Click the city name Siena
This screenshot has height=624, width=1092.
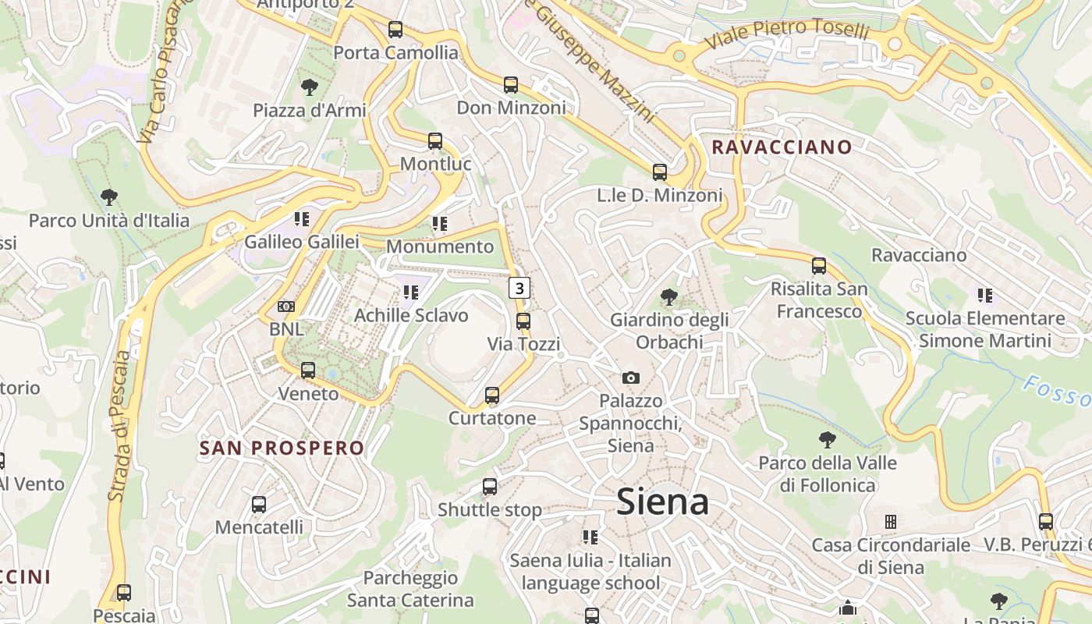click(x=662, y=502)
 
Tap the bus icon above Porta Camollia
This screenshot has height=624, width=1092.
click(x=395, y=30)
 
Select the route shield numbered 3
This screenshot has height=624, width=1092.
click(x=519, y=288)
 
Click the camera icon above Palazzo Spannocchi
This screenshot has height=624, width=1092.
click(x=631, y=378)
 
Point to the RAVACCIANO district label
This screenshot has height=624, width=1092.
click(x=782, y=147)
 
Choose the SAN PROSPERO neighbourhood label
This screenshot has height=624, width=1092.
click(x=282, y=448)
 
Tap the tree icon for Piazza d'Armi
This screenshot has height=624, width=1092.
click(x=310, y=87)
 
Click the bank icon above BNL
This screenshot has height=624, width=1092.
click(x=286, y=307)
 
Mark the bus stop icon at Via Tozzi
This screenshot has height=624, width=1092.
click(x=523, y=321)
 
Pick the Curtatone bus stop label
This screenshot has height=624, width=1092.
click(x=492, y=418)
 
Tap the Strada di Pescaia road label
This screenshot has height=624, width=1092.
click(x=119, y=425)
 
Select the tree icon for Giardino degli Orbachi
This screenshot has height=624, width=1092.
click(x=668, y=296)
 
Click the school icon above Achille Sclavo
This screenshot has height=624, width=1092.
click(x=410, y=292)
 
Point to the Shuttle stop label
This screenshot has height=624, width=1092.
click(x=489, y=510)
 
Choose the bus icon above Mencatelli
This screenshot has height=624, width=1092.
click(x=259, y=505)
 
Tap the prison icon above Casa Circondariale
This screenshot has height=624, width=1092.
click(x=891, y=522)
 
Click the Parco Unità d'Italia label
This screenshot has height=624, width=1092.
click(x=109, y=221)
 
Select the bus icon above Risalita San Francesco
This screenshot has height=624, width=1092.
click(x=819, y=266)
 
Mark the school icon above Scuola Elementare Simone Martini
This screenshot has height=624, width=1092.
click(x=984, y=296)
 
